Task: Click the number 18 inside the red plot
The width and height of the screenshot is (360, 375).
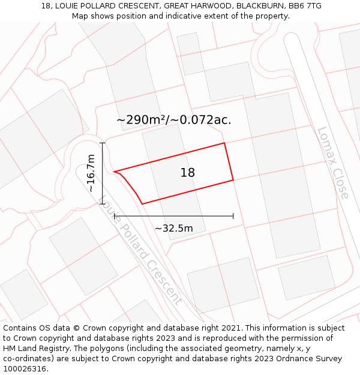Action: tap(188, 173)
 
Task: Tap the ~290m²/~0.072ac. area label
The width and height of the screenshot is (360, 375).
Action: tap(173, 120)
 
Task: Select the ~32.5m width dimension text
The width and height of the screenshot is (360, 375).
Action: tap(174, 229)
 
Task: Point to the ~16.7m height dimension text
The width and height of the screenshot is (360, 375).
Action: tap(91, 173)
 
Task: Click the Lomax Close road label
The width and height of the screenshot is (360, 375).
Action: tap(332, 163)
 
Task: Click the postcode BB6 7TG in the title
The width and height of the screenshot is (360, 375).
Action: tap(304, 6)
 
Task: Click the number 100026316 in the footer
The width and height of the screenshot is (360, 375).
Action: tap(24, 369)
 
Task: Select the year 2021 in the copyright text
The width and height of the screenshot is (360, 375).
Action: tap(229, 328)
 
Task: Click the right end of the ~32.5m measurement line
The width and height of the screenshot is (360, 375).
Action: tap(233, 216)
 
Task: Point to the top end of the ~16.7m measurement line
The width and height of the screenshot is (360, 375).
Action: tap(103, 143)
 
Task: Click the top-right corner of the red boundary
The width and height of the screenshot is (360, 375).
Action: tap(224, 143)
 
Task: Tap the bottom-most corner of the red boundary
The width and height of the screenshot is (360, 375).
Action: tap(142, 204)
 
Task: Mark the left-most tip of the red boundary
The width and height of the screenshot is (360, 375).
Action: tap(113, 172)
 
